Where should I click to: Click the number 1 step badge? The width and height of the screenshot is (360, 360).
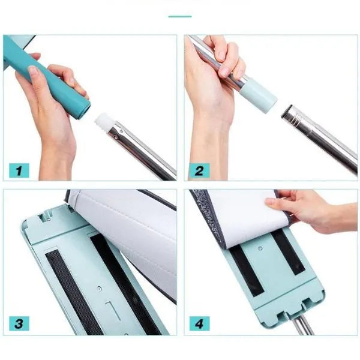coord(19,170)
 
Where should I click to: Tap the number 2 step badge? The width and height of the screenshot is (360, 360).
coord(199,170)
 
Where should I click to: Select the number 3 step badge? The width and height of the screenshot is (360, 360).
coord(19,323)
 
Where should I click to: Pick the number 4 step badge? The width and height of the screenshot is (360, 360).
coord(199,323)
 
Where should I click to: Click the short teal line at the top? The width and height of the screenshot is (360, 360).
coord(180,17)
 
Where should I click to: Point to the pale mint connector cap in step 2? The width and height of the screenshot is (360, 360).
coord(258,95)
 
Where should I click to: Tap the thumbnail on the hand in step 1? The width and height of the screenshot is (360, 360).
coord(33,71)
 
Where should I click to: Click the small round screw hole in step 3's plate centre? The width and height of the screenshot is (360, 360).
coord(99,289)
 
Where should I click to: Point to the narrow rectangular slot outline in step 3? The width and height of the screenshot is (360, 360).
coord(113,311)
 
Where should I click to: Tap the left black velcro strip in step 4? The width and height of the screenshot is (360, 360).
coord(247,271)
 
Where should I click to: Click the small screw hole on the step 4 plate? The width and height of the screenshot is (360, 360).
coord(260,248)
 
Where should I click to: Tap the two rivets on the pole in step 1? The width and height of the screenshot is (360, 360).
coord(119,134)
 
